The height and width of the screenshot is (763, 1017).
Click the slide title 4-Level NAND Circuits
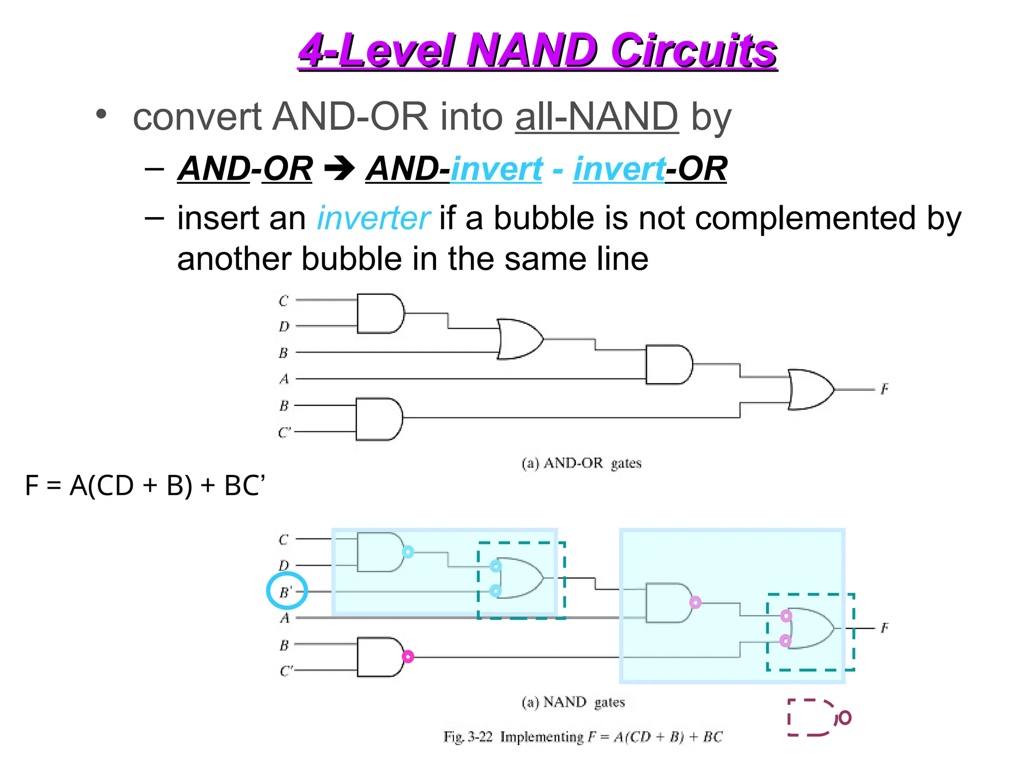click(538, 50)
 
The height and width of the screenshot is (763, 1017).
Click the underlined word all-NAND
click(596, 117)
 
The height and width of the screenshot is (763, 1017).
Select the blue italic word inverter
click(373, 219)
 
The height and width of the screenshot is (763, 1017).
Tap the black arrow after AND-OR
click(339, 169)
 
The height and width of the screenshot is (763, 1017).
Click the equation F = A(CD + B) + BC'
click(145, 485)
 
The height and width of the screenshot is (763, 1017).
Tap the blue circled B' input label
click(287, 591)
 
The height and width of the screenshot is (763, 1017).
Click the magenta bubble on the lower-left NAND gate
click(408, 657)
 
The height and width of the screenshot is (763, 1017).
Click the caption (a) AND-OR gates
click(581, 463)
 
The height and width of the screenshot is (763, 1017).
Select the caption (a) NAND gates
click(573, 702)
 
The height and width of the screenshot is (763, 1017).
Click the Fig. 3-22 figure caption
click(583, 737)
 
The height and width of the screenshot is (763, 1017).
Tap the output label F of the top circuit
click(884, 389)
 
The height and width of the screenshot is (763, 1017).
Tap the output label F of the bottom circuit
click(884, 628)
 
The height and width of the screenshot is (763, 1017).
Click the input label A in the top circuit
click(284, 379)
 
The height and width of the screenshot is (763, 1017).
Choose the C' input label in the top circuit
click(285, 433)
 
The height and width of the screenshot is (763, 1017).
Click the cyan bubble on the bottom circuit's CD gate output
click(408, 552)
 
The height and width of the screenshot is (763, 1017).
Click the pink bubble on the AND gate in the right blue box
click(695, 603)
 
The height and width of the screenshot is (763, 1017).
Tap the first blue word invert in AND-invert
click(497, 169)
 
